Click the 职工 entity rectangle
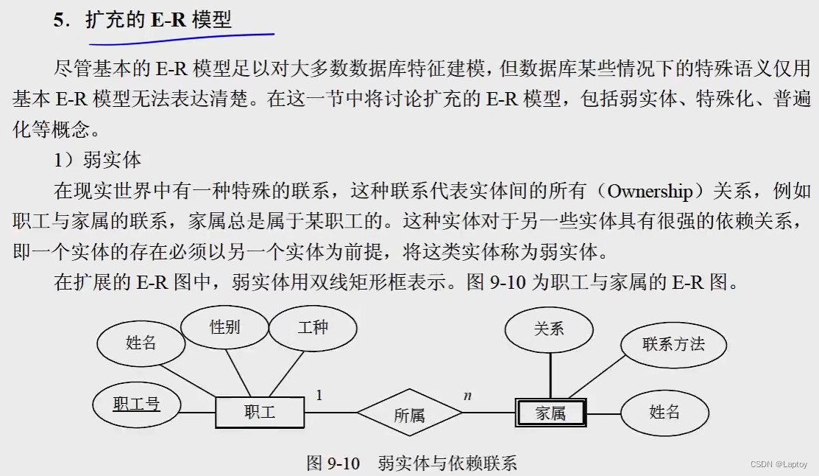(x=259, y=413)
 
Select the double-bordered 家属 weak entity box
(x=550, y=413)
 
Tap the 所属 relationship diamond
(x=409, y=416)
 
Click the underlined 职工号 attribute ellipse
(x=136, y=404)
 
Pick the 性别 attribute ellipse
(x=224, y=327)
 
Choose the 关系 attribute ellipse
(x=549, y=329)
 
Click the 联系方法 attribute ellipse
(x=673, y=343)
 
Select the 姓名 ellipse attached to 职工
(x=141, y=343)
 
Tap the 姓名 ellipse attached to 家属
(x=664, y=412)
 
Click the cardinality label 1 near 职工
(x=319, y=396)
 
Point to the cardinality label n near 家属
(x=467, y=396)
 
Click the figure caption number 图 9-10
(x=333, y=463)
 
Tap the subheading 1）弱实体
(x=97, y=161)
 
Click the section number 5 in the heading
(x=59, y=21)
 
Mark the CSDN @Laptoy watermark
(x=779, y=464)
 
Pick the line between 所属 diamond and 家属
(x=489, y=413)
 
